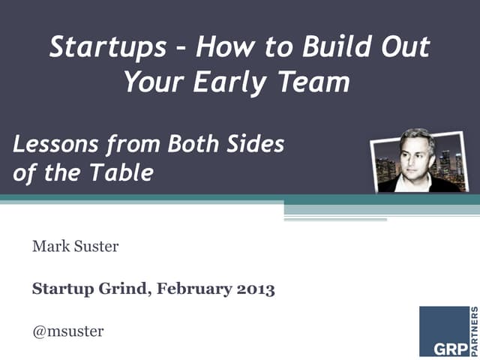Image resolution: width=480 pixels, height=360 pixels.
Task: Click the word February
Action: coord(192,288)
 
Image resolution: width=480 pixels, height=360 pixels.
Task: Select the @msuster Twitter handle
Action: coord(67,330)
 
